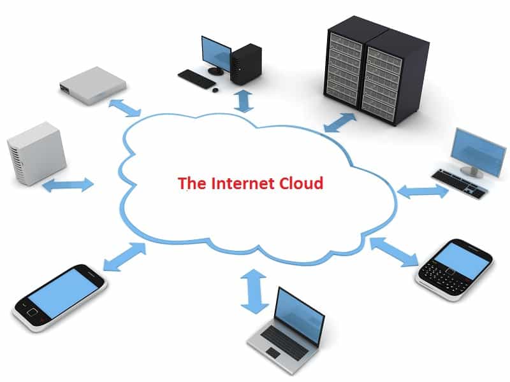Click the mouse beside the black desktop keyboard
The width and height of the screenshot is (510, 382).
[215, 90]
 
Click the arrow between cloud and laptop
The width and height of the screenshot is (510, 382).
[254, 290]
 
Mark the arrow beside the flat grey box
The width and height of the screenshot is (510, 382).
[125, 107]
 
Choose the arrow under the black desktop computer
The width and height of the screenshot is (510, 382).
[244, 101]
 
